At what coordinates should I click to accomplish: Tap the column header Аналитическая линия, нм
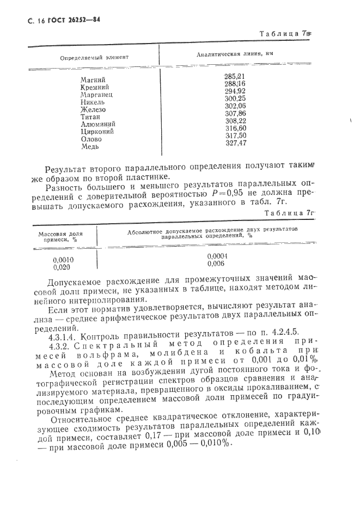click(x=235, y=54)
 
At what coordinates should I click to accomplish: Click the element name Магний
click(x=93, y=80)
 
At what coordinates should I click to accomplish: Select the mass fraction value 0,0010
click(x=64, y=260)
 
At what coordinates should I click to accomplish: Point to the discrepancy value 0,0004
click(x=218, y=256)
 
